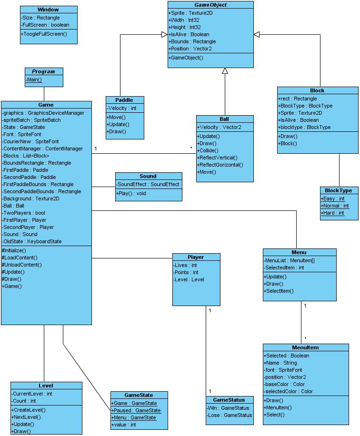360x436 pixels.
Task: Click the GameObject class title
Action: [x=210, y=5]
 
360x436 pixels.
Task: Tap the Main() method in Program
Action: [x=34, y=79]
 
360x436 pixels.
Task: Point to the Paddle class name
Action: [x=124, y=100]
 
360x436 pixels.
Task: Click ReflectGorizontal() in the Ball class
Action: [x=220, y=165]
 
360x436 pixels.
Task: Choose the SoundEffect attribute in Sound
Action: [x=148, y=184]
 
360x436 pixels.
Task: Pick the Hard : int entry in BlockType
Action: [x=332, y=213]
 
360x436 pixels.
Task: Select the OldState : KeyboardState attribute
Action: [x=32, y=241]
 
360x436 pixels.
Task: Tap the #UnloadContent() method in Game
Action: [x=22, y=265]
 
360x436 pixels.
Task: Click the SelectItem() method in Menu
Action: [x=279, y=291]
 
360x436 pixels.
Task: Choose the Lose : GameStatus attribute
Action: [x=229, y=415]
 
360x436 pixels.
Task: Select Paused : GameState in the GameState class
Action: [x=136, y=410]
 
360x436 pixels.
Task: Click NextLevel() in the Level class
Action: [x=26, y=417]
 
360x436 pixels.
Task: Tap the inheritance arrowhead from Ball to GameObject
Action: [x=225, y=71]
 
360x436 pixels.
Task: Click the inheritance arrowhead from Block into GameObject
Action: [x=257, y=34]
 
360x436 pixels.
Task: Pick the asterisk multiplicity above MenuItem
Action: [x=305, y=338]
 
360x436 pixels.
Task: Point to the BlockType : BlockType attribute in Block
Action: [x=305, y=106]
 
